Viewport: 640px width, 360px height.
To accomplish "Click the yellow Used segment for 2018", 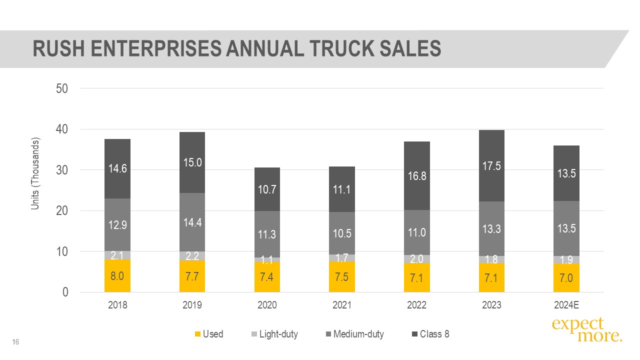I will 117,275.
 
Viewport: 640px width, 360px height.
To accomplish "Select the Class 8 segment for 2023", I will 491,165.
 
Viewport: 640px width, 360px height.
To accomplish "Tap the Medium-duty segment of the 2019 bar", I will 192,222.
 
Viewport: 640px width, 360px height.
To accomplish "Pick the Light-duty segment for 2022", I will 416,259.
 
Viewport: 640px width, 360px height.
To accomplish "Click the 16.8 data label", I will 416,176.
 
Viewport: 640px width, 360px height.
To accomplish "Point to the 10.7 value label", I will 267,189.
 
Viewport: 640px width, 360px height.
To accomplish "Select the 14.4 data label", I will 192,222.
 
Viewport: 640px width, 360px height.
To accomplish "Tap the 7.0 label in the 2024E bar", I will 566,278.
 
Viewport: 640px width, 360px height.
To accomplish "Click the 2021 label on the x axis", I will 342,305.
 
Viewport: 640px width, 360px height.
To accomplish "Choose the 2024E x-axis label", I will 566,305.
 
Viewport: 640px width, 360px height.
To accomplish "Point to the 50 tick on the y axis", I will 62,88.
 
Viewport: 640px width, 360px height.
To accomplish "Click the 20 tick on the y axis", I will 62,211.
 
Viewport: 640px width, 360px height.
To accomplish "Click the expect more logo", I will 586,330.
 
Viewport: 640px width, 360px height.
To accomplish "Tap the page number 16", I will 15,342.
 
